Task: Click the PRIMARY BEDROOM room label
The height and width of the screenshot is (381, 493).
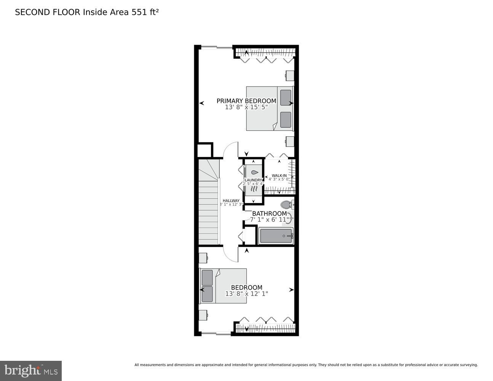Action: (246, 101)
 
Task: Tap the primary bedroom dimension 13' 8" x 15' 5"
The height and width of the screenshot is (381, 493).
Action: (246, 107)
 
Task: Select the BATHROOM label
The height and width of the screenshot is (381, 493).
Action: (269, 213)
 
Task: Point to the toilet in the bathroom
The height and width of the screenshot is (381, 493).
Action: (286, 205)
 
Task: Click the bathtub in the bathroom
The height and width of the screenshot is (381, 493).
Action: (276, 236)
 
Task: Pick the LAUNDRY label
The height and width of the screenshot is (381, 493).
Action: (253, 180)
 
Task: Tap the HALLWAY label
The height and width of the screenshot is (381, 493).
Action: (231, 201)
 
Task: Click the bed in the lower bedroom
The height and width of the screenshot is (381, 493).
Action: (223, 286)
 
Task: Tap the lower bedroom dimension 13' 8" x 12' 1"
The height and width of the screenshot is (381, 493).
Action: (247, 294)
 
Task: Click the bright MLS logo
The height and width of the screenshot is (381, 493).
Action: (31, 370)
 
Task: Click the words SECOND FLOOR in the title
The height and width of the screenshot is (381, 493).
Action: (48, 12)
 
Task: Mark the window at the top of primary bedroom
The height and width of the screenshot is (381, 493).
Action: (216, 47)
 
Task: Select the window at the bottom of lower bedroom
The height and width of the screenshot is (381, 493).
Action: (216, 333)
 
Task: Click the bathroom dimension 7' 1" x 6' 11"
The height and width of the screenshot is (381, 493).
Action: (270, 220)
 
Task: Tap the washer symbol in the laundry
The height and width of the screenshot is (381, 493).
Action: (253, 172)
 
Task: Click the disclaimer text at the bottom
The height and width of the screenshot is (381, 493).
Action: (306, 365)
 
